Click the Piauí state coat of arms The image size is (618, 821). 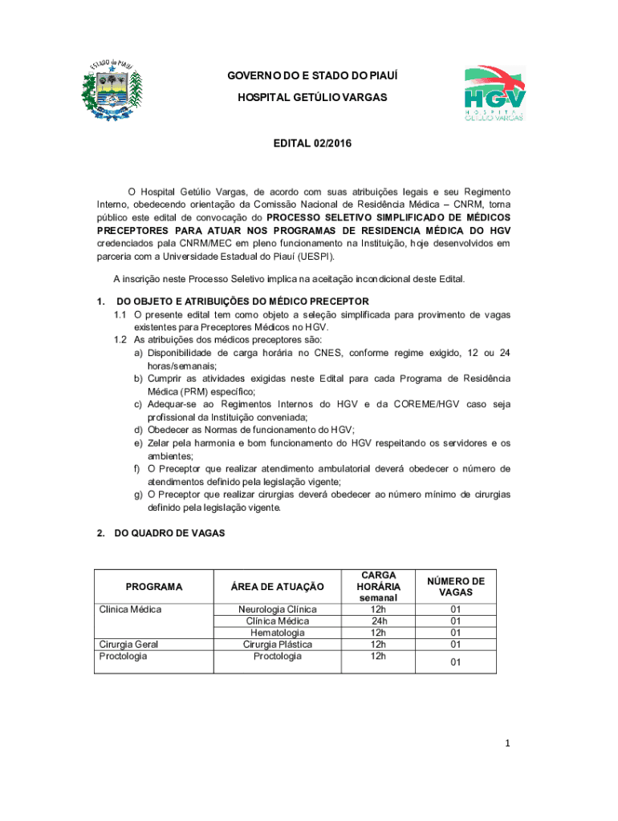[x=112, y=91]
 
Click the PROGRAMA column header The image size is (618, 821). [x=154, y=587]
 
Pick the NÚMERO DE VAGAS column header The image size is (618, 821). [x=456, y=586]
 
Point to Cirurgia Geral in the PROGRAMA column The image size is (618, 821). [x=128, y=645]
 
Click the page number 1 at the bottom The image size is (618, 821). [x=508, y=744]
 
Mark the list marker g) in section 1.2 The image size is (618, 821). [x=139, y=495]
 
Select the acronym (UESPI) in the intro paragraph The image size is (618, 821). [x=314, y=257]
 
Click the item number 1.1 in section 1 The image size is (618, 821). [x=120, y=315]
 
